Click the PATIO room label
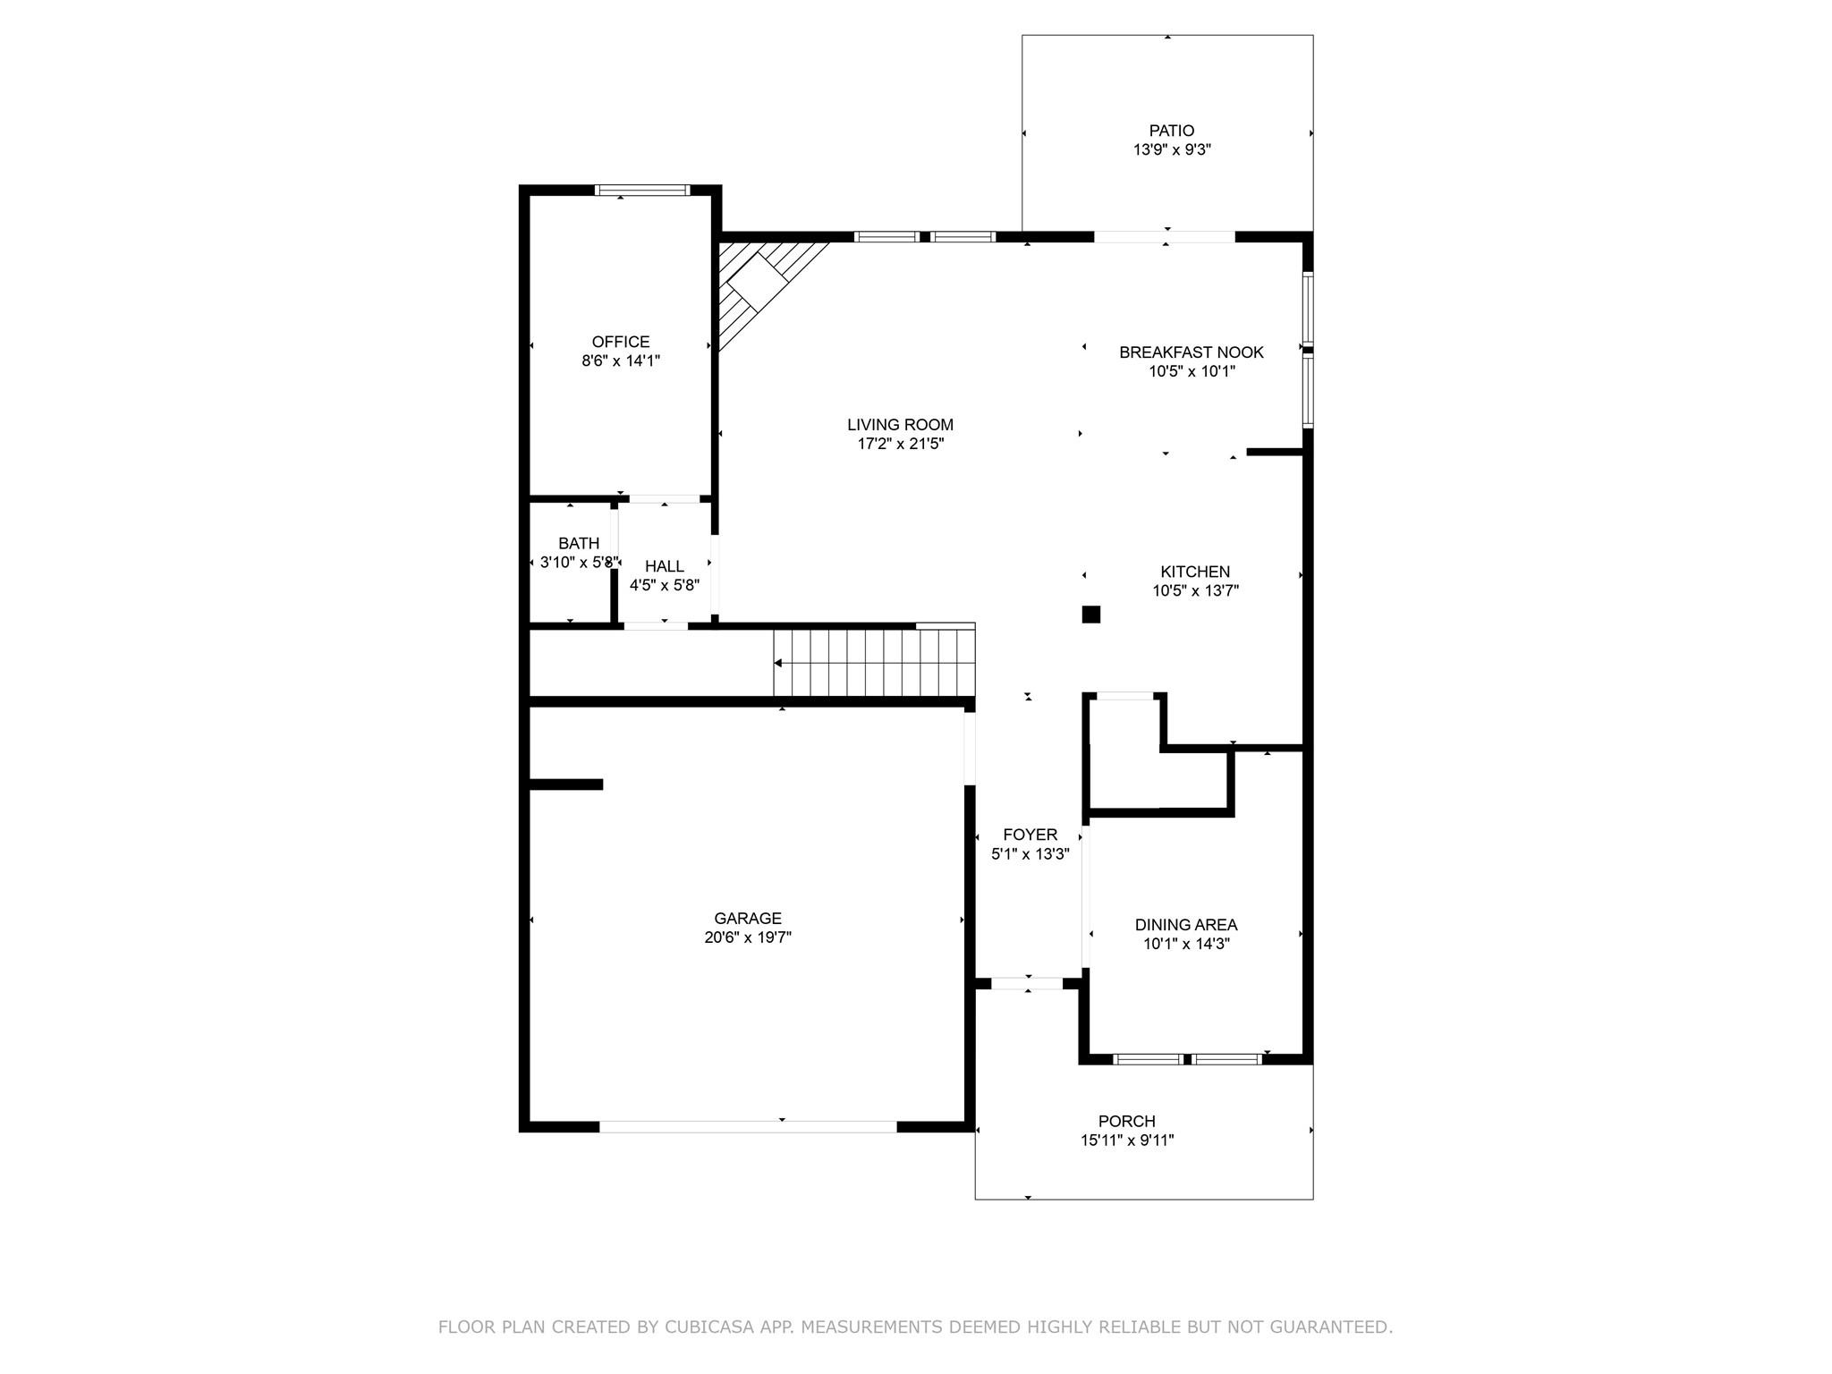(1172, 131)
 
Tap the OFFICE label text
(621, 342)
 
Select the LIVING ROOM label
(901, 425)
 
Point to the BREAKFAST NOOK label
(1192, 352)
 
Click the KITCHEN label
(1195, 572)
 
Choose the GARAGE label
(748, 918)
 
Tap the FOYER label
(1030, 835)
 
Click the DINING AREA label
(1186, 925)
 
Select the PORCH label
(1127, 1121)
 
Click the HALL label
(665, 566)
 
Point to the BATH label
(579, 543)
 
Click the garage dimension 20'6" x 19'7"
(748, 937)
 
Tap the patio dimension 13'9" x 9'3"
(1172, 150)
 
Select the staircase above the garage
(874, 662)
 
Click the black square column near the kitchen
(1090, 615)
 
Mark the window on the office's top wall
(642, 190)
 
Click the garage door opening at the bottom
(748, 1127)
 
